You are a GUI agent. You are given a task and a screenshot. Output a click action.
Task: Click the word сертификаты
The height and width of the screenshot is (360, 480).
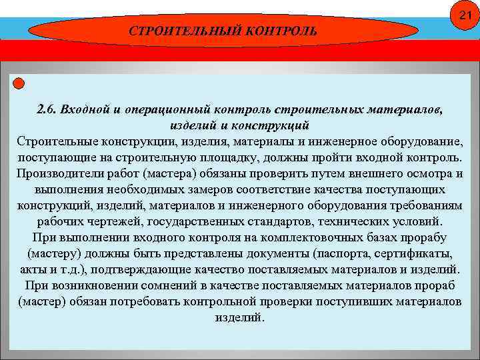410,253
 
